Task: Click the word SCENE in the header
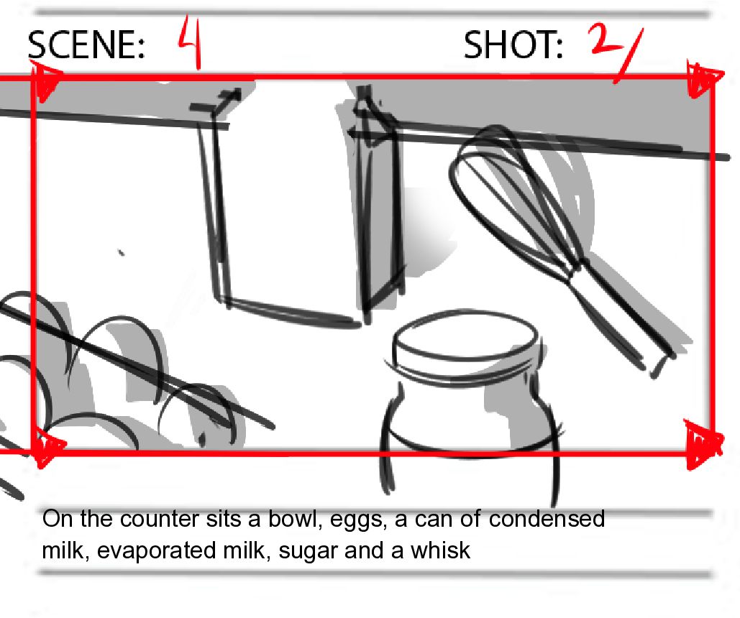tap(86, 45)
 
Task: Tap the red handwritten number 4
tap(191, 42)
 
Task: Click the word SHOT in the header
tap(513, 45)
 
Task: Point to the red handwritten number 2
tap(606, 40)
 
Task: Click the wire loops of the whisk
tap(514, 198)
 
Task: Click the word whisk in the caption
tap(440, 550)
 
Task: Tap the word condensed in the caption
tap(547, 518)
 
